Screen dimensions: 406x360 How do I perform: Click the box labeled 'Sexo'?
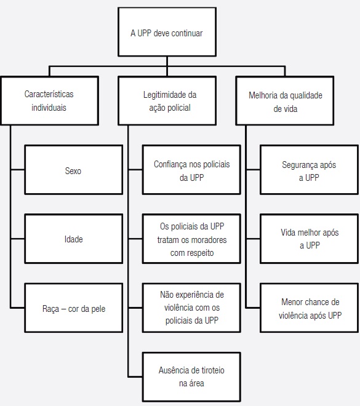tap(73, 171)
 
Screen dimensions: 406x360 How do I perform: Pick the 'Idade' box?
tap(73, 239)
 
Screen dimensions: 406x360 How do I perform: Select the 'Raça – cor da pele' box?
tap(73, 308)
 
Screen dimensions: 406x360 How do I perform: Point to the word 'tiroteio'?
tap(208, 371)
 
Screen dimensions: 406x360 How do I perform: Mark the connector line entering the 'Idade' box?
tap(17, 239)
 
